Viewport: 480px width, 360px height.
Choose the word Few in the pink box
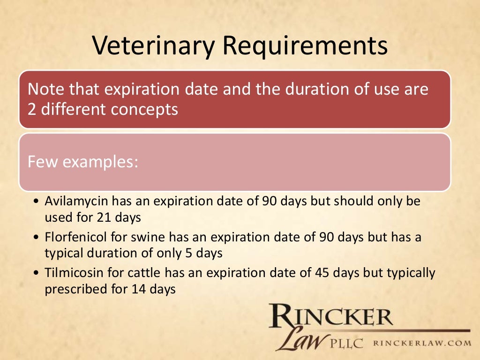click(x=43, y=162)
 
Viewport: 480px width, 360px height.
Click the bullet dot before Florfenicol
click(x=37, y=238)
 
